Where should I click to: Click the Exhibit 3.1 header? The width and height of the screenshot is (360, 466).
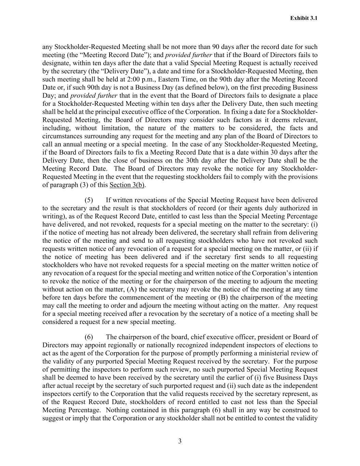pos(304,18)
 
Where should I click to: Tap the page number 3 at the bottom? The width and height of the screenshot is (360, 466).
pos(180,441)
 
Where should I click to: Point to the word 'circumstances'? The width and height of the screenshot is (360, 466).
pos(61,137)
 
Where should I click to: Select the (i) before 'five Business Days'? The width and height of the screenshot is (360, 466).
pos(258,378)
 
